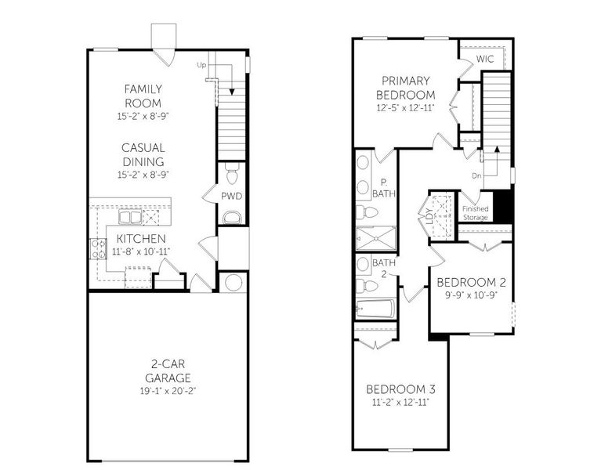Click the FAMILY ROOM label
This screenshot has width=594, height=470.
(143, 96)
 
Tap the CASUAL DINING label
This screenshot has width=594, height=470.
(143, 154)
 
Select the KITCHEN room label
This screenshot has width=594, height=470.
(140, 238)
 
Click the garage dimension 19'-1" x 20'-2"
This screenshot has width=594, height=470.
(168, 390)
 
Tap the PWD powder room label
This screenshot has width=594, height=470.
(230, 196)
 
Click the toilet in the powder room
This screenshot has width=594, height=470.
(231, 172)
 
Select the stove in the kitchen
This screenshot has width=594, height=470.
(99, 250)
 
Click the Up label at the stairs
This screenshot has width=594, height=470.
(201, 65)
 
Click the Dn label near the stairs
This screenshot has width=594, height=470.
(476, 176)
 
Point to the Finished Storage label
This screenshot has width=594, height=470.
(475, 212)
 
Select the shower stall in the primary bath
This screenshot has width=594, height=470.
(375, 236)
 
